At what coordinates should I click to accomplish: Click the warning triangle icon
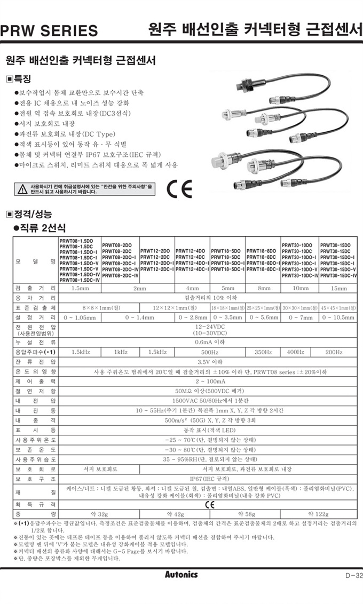click(x=22, y=188)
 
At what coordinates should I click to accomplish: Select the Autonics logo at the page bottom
click(x=181, y=574)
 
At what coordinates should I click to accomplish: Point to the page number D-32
click(x=350, y=575)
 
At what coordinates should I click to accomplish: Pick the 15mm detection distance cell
click(x=339, y=288)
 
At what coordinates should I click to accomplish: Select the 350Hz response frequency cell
click(x=263, y=352)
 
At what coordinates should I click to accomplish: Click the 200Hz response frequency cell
click(x=334, y=352)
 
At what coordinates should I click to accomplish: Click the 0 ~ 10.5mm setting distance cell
click(x=339, y=317)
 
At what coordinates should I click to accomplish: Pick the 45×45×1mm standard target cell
click(x=339, y=307)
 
